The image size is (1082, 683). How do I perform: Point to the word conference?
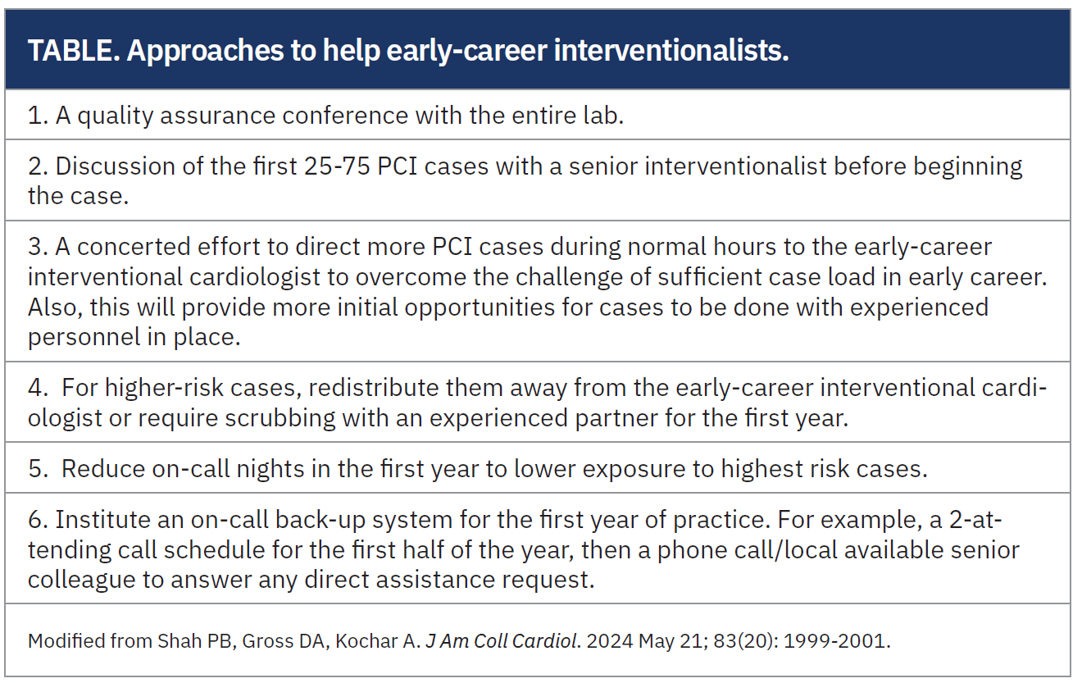coord(345,116)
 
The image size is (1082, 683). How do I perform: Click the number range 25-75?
coord(337,166)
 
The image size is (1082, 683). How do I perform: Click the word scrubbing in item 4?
coord(280,419)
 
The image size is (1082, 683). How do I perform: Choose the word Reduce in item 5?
coord(103,469)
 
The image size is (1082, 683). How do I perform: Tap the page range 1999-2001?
coord(834,641)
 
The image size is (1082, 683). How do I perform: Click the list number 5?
coord(39,469)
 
